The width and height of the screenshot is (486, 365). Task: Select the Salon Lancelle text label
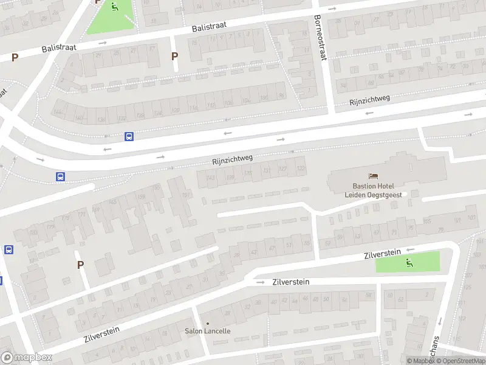pos(208,331)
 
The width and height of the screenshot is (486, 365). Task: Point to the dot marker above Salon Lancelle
pos(208,323)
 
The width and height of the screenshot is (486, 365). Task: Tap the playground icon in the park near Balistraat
pos(114,7)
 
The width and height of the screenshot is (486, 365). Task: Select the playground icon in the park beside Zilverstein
pos(409,262)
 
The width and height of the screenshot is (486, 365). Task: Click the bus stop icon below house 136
pos(129,136)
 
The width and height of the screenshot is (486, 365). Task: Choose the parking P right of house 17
pos(175,57)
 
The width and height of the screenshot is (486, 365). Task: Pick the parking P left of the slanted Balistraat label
pos(15,58)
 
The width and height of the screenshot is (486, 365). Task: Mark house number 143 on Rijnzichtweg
pos(210,178)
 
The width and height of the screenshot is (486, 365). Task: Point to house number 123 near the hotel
pos(301,168)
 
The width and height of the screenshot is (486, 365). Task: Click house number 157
pos(187,195)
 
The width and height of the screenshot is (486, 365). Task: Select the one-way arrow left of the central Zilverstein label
pos(260,282)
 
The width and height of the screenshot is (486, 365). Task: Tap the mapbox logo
pos(27,358)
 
